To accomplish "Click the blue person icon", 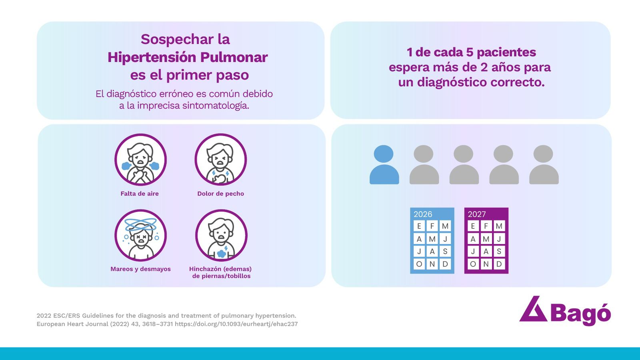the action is pos(384,164).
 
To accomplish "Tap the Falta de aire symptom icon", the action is pos(140,160).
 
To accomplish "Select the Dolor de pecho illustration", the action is pos(221,160).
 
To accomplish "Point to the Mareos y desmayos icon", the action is pos(140,236).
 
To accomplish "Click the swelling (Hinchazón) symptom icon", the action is pos(222,236).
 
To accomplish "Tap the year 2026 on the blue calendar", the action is pos(423,214).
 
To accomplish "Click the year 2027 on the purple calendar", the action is pos(476,214).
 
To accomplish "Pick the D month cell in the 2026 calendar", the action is pos(445,264).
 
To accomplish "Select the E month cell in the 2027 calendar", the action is pos(473,226).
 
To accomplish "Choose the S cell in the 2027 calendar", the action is pos(499,252).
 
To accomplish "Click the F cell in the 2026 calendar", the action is pos(432,226).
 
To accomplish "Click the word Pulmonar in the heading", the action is pos(234,57).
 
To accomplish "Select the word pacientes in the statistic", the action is pos(506,52).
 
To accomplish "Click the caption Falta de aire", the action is pos(140,194).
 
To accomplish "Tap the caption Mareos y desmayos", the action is pos(140,269).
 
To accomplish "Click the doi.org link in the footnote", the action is pos(236,324).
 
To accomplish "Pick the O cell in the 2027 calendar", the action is pos(473,264).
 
